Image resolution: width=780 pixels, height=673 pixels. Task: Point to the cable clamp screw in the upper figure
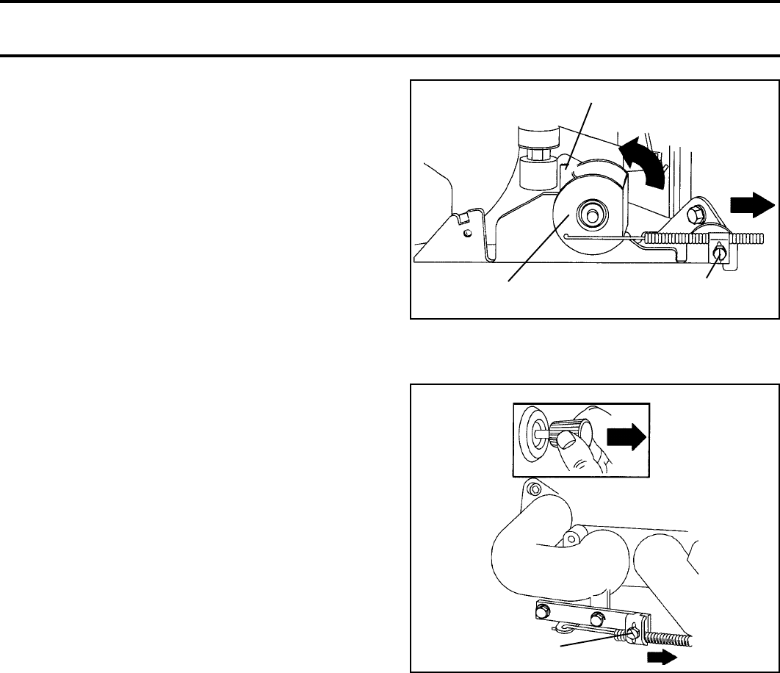tap(719, 253)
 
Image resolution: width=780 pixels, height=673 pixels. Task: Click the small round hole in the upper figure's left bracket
tap(468, 234)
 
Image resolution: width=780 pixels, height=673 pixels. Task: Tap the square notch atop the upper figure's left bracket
tap(461, 218)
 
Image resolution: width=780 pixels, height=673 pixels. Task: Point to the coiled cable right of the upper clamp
tap(746, 238)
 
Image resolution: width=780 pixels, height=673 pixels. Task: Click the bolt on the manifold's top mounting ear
tap(534, 490)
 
